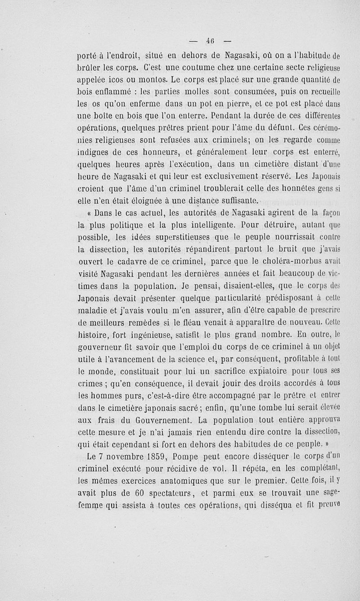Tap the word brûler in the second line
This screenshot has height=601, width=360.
pos(90,69)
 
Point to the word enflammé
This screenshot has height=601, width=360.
pos(115,93)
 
